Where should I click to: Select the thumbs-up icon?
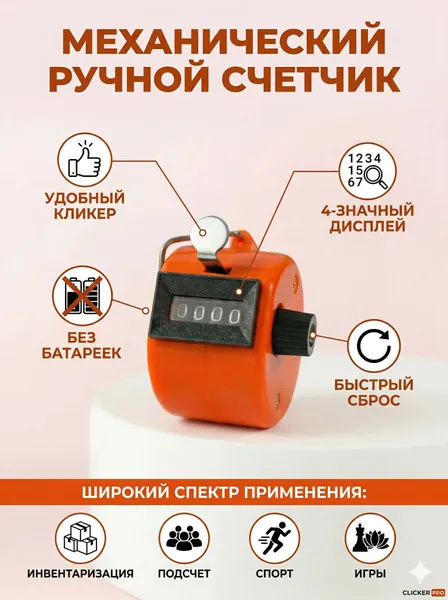(85, 160)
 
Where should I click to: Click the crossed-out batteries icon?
(83, 296)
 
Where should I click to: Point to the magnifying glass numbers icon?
(368, 171)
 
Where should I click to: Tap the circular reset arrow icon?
(374, 346)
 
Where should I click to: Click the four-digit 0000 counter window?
(208, 314)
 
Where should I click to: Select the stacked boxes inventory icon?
(80, 538)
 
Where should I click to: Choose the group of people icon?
(184, 538)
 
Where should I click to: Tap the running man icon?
(275, 538)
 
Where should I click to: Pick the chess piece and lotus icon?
(370, 538)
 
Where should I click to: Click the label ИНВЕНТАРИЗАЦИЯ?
(80, 574)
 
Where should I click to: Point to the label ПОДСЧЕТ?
(184, 574)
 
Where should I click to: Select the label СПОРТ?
(274, 574)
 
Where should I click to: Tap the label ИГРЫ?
(370, 574)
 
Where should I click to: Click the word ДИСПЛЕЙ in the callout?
(367, 226)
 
